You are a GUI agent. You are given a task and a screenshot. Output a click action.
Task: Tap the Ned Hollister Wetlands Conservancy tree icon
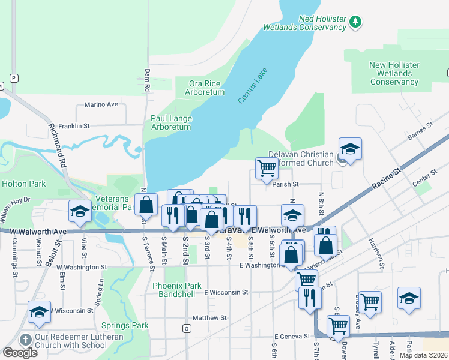355,22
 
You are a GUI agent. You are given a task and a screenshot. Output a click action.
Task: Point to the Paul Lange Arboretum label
171,122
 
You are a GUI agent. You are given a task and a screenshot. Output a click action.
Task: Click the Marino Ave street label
101,104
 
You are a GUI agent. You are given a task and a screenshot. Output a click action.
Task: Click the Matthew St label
209,317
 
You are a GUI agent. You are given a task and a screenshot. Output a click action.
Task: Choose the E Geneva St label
292,337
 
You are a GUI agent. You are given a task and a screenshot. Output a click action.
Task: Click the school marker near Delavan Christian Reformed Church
350,148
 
